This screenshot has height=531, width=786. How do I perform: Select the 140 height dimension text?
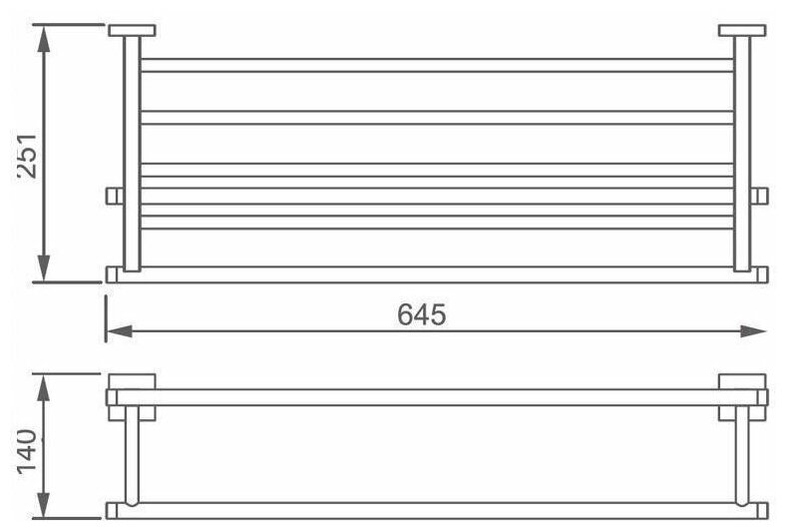click(x=28, y=452)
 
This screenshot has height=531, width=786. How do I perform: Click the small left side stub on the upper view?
click(x=113, y=195)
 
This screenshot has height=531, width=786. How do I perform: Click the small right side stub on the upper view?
click(x=758, y=195)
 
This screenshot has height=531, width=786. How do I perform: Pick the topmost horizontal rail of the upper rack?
click(x=437, y=65)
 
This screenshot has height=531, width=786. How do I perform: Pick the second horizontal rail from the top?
click(x=437, y=117)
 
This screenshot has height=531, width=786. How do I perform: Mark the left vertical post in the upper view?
click(x=131, y=150)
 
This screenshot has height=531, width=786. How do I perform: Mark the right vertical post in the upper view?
click(x=741, y=150)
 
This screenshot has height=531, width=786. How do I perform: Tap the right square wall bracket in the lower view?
click(x=742, y=392)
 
